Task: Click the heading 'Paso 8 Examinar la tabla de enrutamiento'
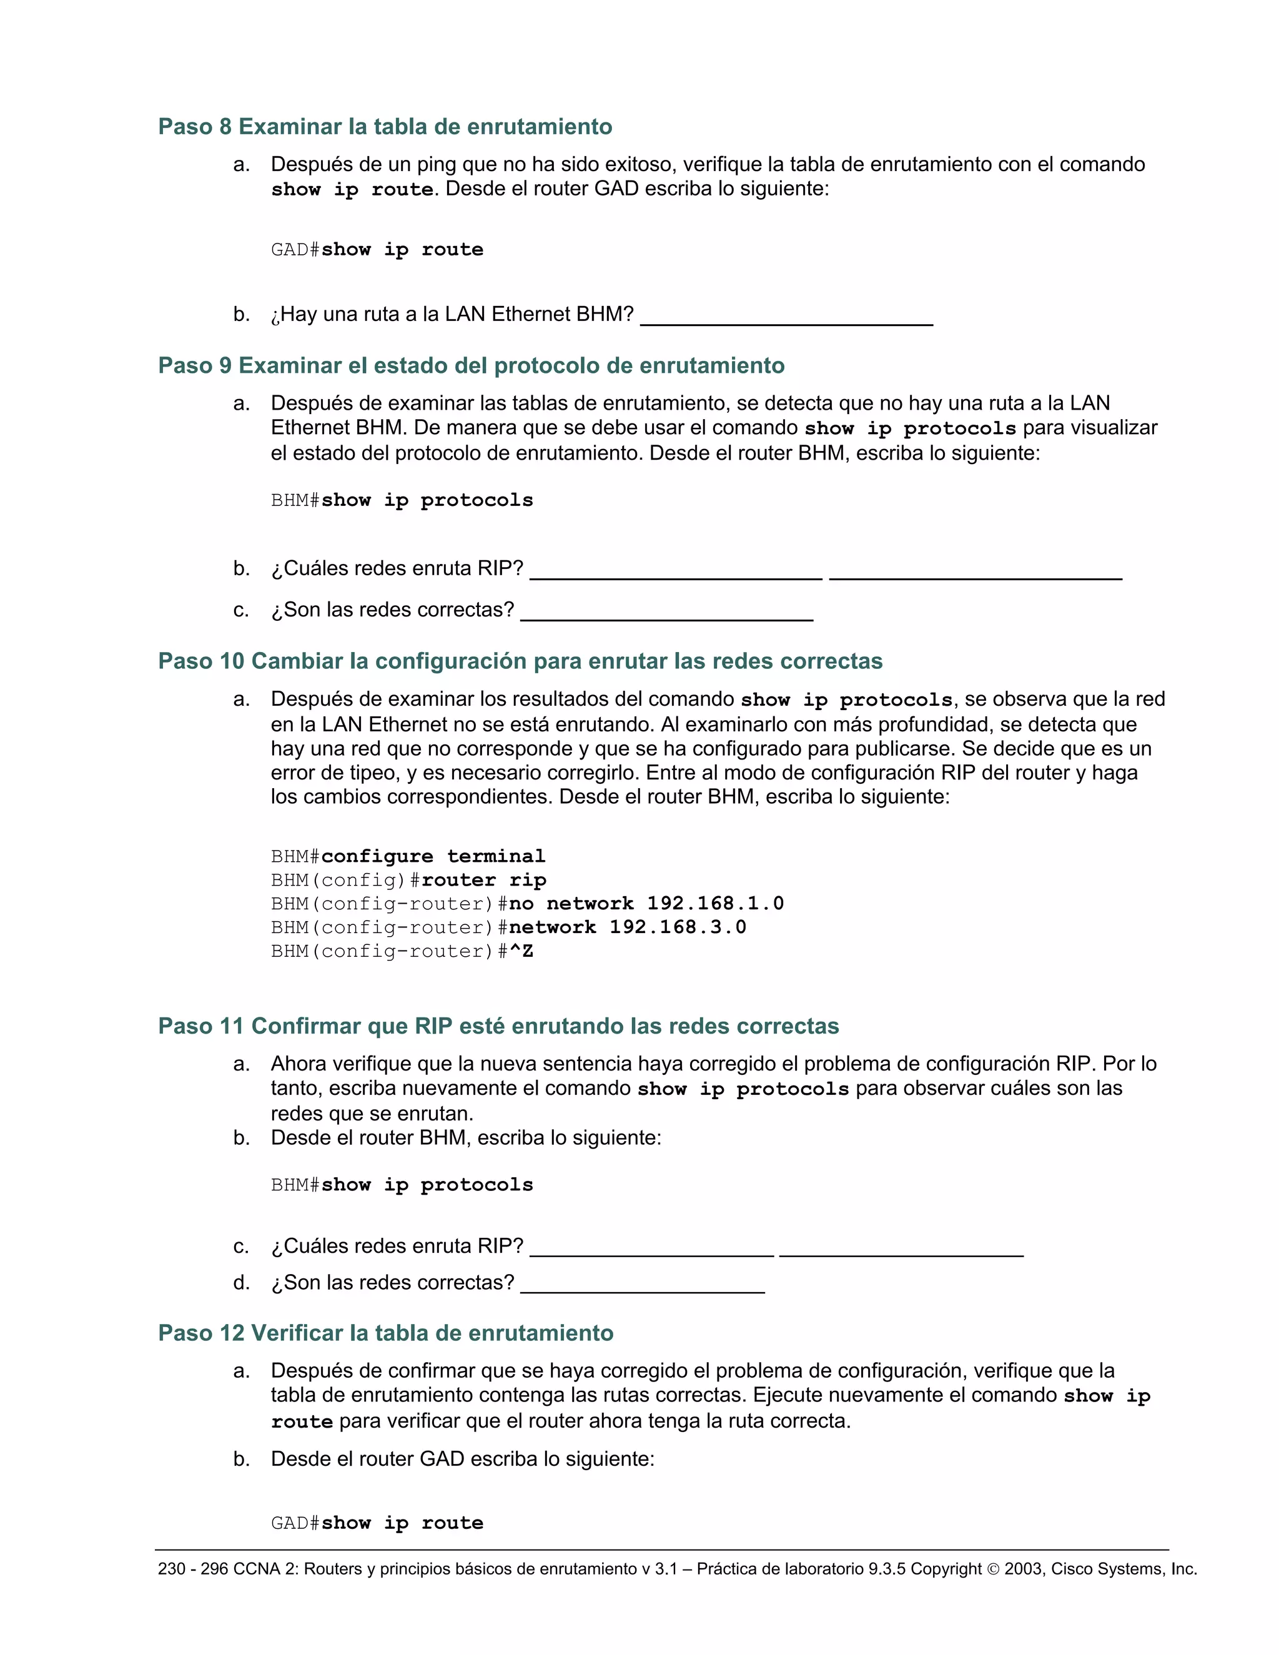385,127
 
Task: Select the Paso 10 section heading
520,661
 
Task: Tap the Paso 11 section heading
498,1026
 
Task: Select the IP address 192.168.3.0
678,927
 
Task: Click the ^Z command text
521,951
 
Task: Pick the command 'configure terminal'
433,856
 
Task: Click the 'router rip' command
483,880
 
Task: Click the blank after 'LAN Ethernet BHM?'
786,317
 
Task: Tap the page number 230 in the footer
171,1569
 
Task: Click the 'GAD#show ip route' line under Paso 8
377,249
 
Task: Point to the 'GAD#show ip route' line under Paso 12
377,1523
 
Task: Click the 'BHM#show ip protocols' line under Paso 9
402,500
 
